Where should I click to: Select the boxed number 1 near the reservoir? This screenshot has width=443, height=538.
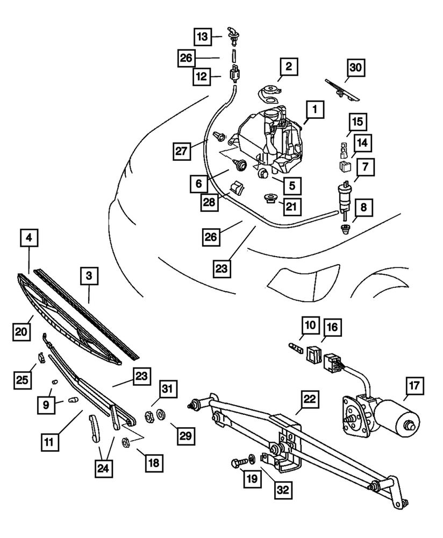[315, 111]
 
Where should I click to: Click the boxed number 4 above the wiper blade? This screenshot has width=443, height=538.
[28, 237]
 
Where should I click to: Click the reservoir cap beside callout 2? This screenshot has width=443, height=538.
[269, 93]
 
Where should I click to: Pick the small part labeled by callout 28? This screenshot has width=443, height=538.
[237, 189]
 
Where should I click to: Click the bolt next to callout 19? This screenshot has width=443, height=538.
[237, 463]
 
